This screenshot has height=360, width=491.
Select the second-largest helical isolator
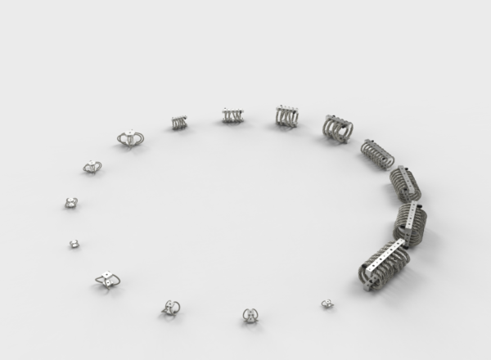click(409, 223)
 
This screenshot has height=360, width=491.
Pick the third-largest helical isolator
click(404, 184)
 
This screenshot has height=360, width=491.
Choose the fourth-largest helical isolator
click(378, 153)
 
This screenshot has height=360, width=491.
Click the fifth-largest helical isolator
click(337, 128)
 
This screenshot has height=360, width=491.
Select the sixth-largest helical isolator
click(287, 116)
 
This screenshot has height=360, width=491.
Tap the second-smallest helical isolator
click(232, 116)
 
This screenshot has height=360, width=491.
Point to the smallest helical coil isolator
click(179, 122)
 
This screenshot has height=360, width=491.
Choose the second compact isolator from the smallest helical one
click(92, 167)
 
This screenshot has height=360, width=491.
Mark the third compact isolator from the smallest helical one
click(71, 202)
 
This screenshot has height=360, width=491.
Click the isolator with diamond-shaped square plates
click(107, 280)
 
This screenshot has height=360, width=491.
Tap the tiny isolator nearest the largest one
click(327, 304)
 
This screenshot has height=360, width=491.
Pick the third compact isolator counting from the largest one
click(171, 307)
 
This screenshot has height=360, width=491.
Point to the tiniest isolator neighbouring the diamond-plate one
click(74, 244)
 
